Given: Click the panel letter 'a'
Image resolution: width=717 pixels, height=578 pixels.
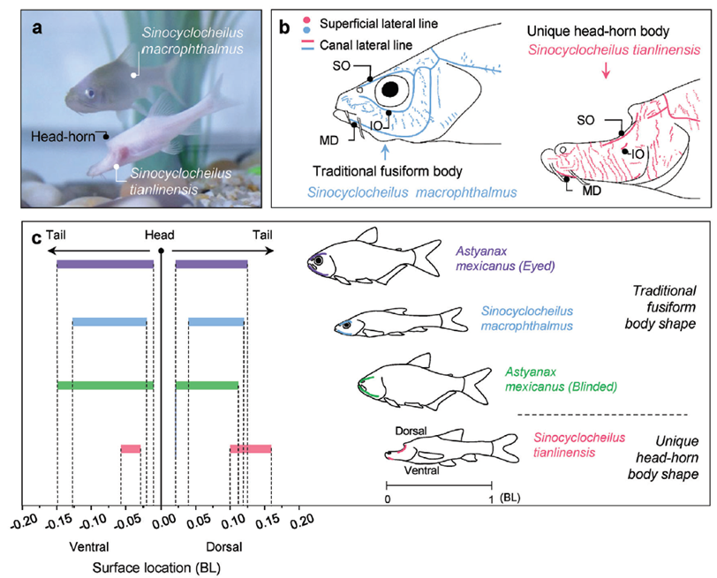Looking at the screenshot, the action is click(37, 28).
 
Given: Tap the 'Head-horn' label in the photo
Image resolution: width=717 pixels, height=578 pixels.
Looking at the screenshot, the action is click(63, 136).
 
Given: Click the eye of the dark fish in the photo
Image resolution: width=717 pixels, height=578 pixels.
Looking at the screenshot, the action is click(91, 94).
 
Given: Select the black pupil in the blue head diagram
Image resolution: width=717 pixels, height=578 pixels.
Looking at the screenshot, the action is click(390, 88).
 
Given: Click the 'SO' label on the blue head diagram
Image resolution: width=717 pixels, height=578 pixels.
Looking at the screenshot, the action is click(341, 66).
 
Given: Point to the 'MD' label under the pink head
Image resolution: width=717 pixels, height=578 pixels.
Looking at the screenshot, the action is click(592, 190).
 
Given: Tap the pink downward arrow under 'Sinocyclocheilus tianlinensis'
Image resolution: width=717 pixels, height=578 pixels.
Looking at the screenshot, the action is click(606, 70).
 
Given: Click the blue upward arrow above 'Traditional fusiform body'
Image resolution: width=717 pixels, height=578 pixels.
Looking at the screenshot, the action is click(387, 151).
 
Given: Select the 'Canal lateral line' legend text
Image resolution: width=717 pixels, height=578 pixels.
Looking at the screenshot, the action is click(366, 45).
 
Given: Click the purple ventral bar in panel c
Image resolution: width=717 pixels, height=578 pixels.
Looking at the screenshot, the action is click(105, 264).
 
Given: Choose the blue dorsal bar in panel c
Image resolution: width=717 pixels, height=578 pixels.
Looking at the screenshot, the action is click(215, 322).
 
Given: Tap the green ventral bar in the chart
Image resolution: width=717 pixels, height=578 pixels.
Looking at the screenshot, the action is click(105, 385).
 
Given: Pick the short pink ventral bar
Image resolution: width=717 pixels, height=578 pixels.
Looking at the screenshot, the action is click(131, 448).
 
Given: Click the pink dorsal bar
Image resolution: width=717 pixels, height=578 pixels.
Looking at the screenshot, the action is click(250, 448).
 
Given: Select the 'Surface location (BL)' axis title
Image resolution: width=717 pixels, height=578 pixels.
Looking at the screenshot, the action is click(156, 568).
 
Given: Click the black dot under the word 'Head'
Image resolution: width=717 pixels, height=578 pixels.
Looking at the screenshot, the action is click(161, 251).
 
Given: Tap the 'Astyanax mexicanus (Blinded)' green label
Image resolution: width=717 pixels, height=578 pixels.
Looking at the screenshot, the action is click(561, 379).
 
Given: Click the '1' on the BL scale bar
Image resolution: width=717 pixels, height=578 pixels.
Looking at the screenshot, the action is click(491, 499).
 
